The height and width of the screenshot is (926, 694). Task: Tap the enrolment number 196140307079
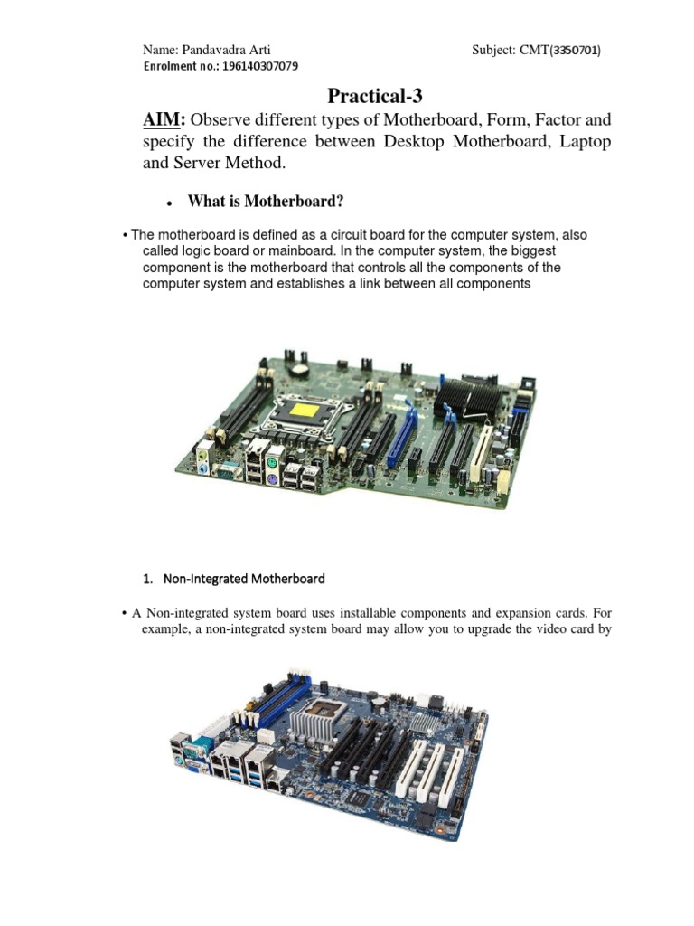pyautogui.click(x=253, y=67)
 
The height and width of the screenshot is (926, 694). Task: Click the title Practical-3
pyautogui.click(x=374, y=95)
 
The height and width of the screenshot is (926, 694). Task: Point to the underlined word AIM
pyautogui.click(x=164, y=120)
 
